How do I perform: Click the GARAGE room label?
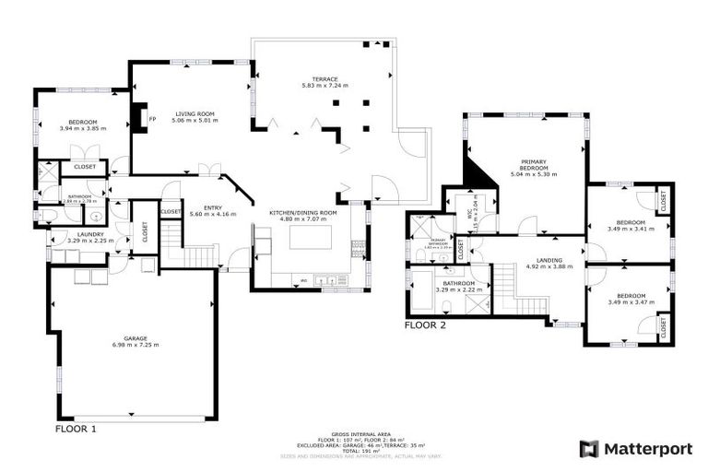[136, 338]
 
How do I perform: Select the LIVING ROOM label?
[189, 113]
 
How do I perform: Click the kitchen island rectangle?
[309, 238]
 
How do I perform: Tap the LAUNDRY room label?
[90, 234]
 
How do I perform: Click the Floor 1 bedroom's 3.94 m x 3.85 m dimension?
[83, 128]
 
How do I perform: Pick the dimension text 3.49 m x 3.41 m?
[631, 229]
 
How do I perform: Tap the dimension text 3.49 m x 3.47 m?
[631, 301]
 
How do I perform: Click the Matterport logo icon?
[588, 449]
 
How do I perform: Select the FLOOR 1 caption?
[76, 429]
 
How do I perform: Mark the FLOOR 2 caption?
[425, 325]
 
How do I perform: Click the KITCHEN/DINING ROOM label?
[302, 213]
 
